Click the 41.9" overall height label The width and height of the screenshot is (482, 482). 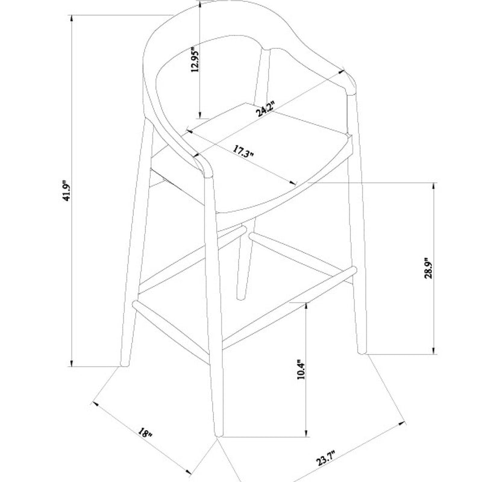pyautogui.click(x=67, y=190)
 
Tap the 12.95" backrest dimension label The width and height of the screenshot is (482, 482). pyautogui.click(x=195, y=60)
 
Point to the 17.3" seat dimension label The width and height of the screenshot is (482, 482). pyautogui.click(x=243, y=151)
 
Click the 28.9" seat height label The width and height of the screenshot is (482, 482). pyautogui.click(x=428, y=268)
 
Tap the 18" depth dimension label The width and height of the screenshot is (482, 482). pyautogui.click(x=145, y=433)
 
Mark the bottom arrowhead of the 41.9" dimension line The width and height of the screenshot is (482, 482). pyautogui.click(x=72, y=363)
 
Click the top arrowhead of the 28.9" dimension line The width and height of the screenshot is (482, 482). pyautogui.click(x=434, y=186)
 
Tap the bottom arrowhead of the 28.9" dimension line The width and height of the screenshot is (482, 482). pyautogui.click(x=434, y=351)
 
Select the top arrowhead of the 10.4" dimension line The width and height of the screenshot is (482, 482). pyautogui.click(x=306, y=305)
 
